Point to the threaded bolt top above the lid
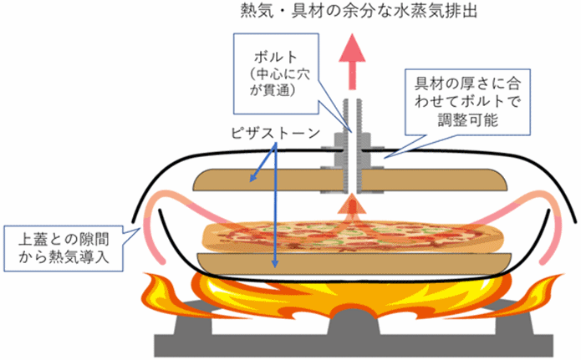[352, 113]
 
